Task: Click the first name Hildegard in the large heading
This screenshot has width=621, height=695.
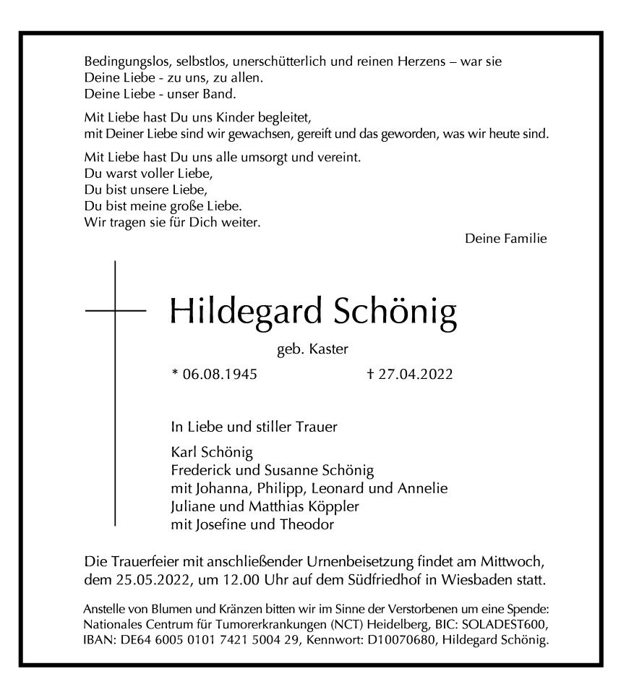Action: pyautogui.click(x=245, y=312)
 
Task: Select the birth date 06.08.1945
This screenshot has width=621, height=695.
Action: pyautogui.click(x=214, y=374)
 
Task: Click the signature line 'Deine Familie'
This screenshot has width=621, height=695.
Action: pyautogui.click(x=505, y=238)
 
